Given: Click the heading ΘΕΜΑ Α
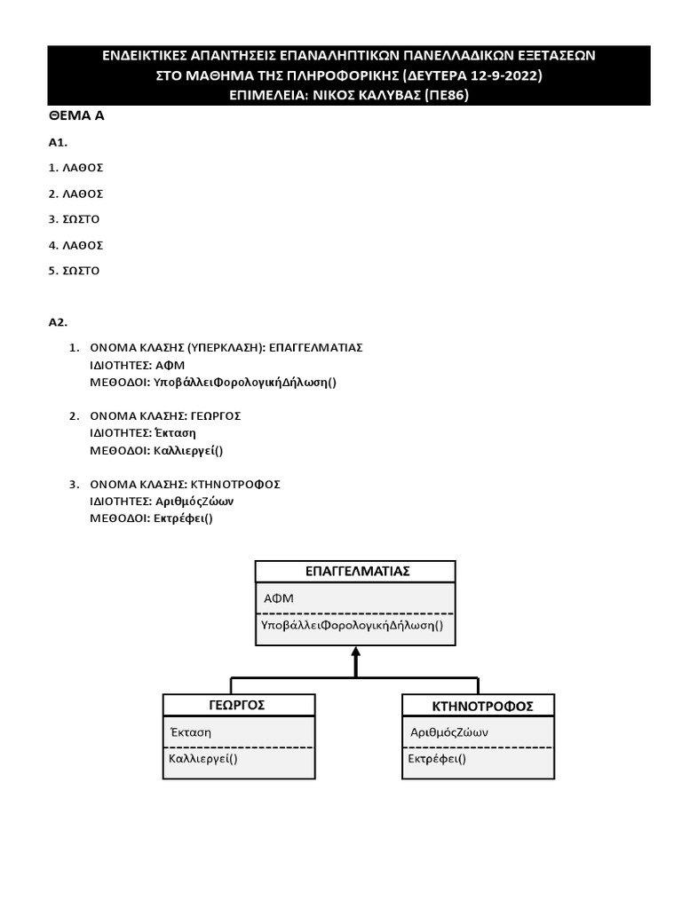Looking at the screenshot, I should pyautogui.click(x=76, y=116).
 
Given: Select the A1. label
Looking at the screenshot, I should pyautogui.click(x=58, y=142).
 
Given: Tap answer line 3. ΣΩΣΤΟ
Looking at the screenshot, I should pyautogui.click(x=75, y=218).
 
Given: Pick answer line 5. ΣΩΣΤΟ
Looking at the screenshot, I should pyautogui.click(x=75, y=271).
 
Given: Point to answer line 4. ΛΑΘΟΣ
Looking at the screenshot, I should pyautogui.click(x=76, y=245).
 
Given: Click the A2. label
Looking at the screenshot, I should pyautogui.click(x=58, y=322).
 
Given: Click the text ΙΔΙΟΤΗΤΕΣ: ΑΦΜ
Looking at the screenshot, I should pyautogui.click(x=138, y=365).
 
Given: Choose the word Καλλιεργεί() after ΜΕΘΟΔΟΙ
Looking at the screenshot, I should pyautogui.click(x=188, y=451).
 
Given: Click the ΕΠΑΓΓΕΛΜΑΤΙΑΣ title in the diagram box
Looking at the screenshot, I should pyautogui.click(x=355, y=571).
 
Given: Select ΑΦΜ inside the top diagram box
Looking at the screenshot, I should pyautogui.click(x=279, y=598).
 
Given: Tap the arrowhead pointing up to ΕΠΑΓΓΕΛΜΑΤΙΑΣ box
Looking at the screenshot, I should pyautogui.click(x=355, y=652).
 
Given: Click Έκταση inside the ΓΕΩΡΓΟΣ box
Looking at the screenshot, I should pyautogui.click(x=190, y=733).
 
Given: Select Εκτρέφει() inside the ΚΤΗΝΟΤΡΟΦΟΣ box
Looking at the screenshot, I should pyautogui.click(x=437, y=759).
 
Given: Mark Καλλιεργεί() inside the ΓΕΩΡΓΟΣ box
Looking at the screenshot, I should pyautogui.click(x=203, y=759).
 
